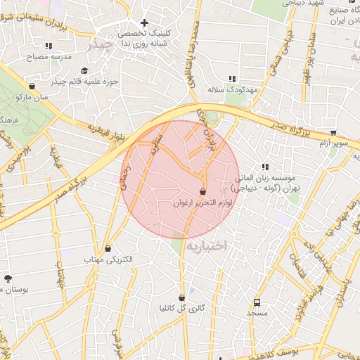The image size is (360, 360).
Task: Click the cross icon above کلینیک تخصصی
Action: (x=145, y=22)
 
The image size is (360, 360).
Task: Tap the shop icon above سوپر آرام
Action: (x=333, y=132)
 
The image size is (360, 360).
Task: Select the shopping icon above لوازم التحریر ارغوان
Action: (x=203, y=191)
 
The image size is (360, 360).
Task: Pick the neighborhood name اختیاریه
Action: (x=207, y=245)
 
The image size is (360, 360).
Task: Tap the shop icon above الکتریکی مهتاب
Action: (x=108, y=248)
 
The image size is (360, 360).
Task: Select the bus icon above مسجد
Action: (x=257, y=300)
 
